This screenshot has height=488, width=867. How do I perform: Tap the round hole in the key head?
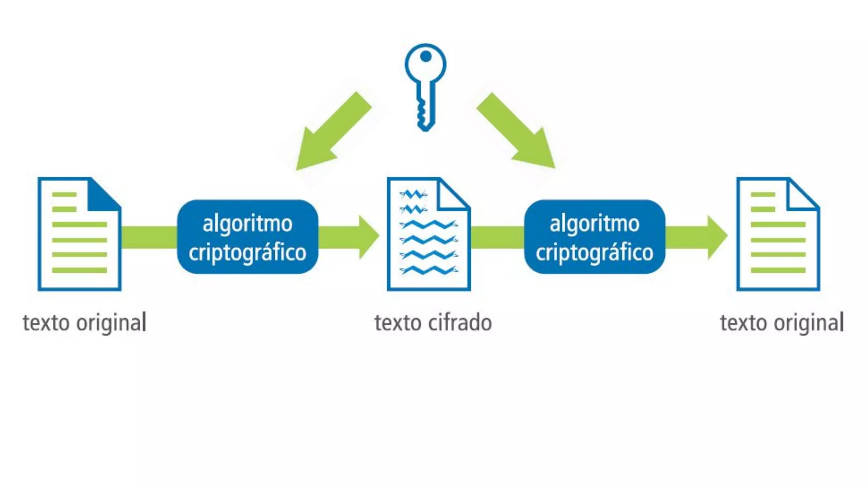(425, 56)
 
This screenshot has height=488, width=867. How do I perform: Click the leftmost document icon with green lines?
(80, 234)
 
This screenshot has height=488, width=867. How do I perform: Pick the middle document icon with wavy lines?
(428, 234)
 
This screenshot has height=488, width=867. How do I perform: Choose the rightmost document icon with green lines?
(778, 234)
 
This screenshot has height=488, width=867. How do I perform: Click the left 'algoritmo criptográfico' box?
(248, 237)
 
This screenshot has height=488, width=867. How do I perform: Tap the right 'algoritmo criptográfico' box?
(594, 237)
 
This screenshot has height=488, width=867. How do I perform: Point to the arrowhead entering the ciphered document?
(368, 237)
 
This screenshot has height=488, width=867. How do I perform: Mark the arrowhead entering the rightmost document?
(717, 237)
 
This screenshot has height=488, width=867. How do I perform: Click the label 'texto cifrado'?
(433, 323)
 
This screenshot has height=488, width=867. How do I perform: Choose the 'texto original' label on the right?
(782, 323)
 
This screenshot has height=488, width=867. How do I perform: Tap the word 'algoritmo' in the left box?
(248, 224)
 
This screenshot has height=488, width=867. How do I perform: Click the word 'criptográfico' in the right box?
(594, 253)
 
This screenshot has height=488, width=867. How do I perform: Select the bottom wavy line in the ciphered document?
(428, 270)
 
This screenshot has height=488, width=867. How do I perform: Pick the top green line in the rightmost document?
(763, 194)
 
